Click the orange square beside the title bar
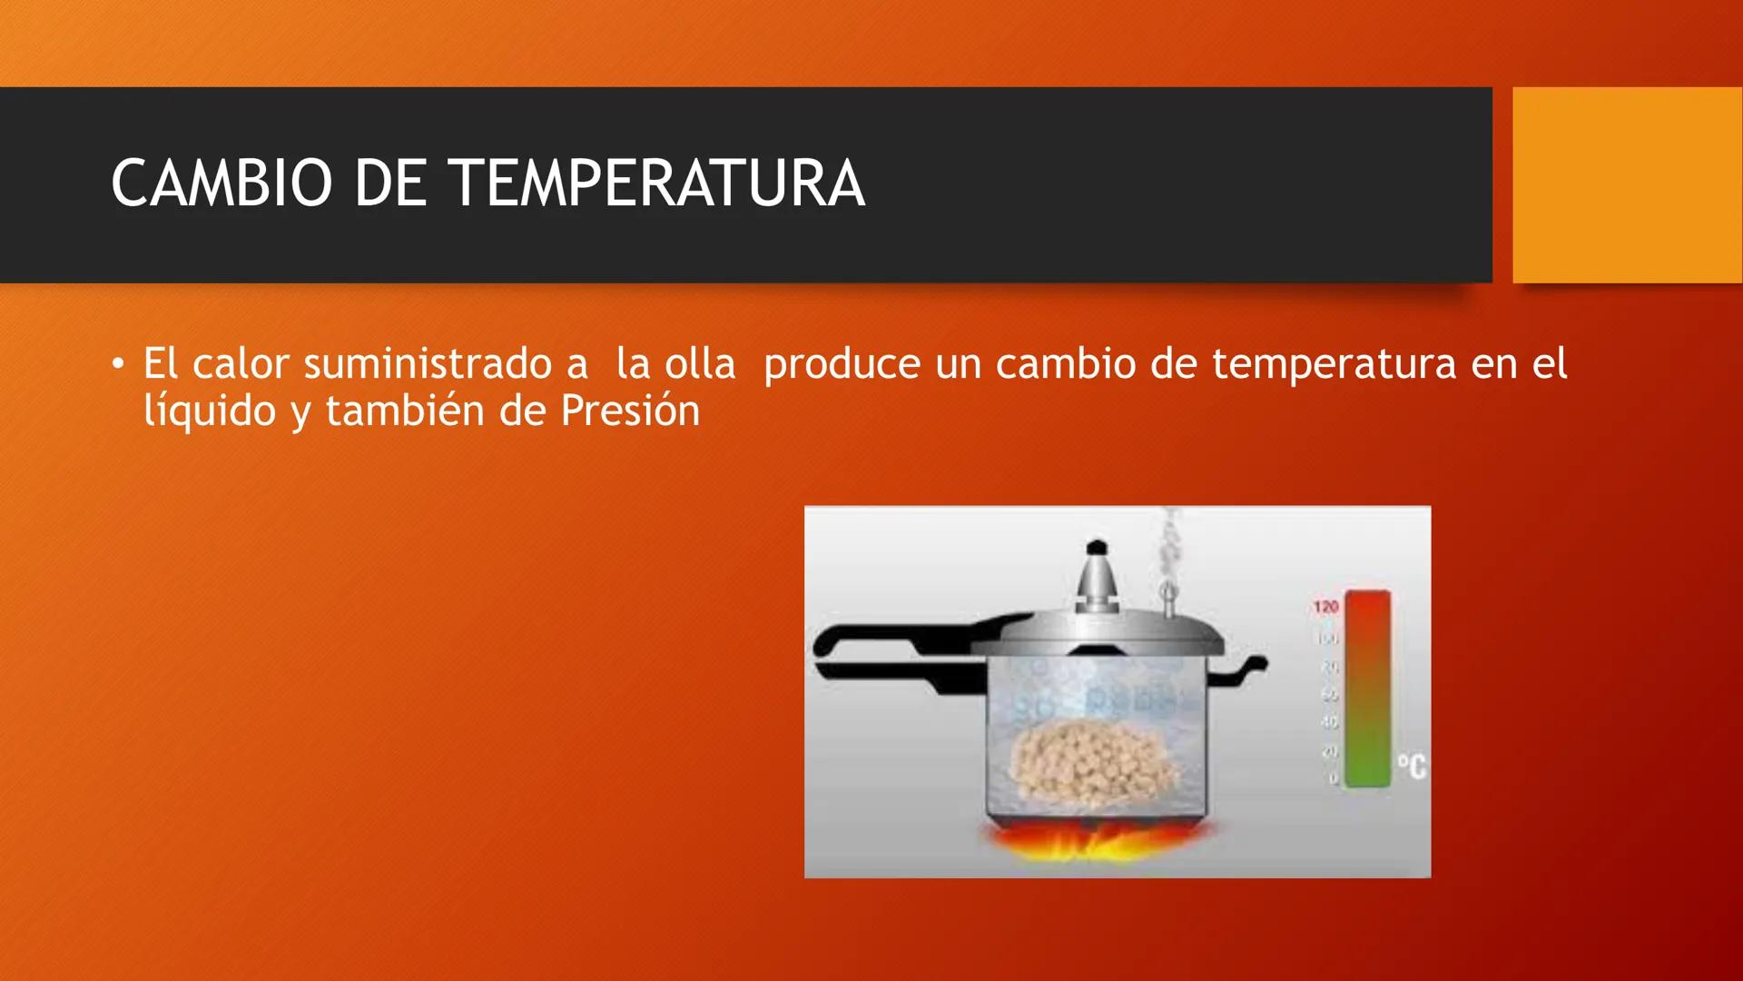click(x=1627, y=184)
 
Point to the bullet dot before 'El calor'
click(x=117, y=365)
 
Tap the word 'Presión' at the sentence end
click(x=630, y=411)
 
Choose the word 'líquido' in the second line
click(x=209, y=411)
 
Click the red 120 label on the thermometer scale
click(x=1325, y=607)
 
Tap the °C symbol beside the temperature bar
click(x=1411, y=768)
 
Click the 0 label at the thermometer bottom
click(x=1333, y=778)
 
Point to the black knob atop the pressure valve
click(x=1097, y=548)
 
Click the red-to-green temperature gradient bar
click(x=1367, y=689)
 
